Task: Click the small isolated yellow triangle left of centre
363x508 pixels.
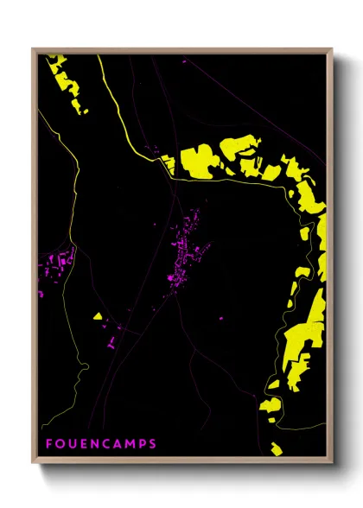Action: [x=99, y=316]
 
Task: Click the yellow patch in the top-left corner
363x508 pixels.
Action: [x=67, y=82]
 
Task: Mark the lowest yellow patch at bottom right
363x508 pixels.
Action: [x=274, y=448]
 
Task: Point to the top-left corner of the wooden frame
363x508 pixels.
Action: [x=34, y=49]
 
